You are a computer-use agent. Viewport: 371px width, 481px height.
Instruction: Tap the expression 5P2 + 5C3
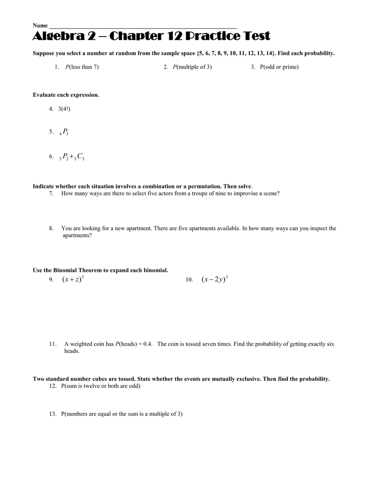[x=71, y=157]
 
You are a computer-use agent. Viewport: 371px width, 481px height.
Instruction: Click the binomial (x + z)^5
[x=73, y=280]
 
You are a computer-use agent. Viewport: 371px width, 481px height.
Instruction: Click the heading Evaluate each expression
[x=66, y=95]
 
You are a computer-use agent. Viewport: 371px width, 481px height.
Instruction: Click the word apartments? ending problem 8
[x=77, y=235]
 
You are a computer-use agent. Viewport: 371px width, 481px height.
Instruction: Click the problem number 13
[x=53, y=414]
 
